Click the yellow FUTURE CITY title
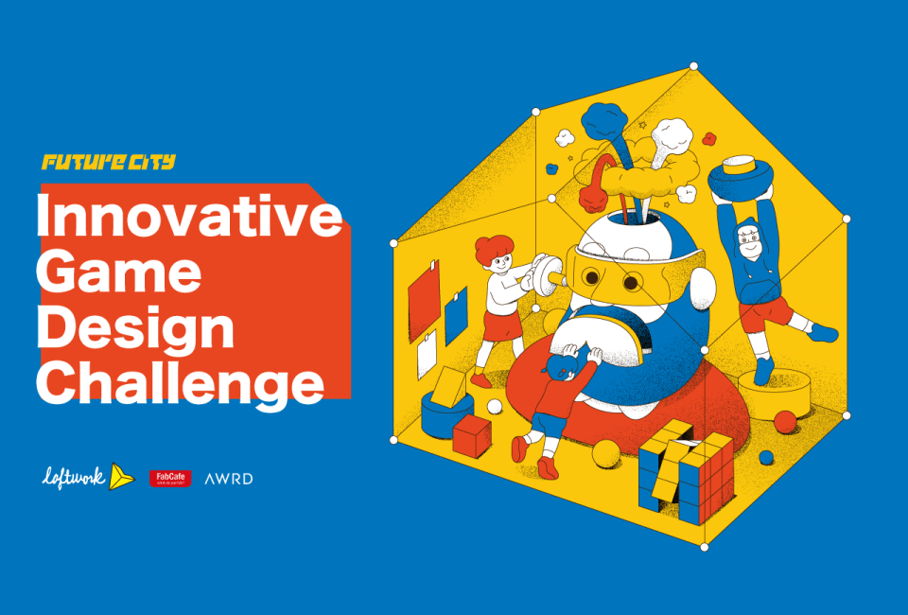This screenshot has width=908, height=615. tap(108, 162)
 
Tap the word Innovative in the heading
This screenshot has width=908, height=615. tap(188, 217)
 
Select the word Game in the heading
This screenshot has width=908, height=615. tap(118, 272)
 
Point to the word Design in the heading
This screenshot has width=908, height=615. tap(134, 328)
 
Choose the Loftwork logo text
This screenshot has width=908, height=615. tap(75, 478)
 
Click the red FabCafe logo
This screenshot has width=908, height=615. tap(170, 479)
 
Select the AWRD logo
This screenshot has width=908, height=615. tap(228, 479)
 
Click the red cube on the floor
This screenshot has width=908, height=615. tap(471, 433)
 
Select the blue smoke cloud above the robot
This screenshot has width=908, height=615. tap(600, 121)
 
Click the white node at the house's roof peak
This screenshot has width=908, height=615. tap(694, 66)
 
